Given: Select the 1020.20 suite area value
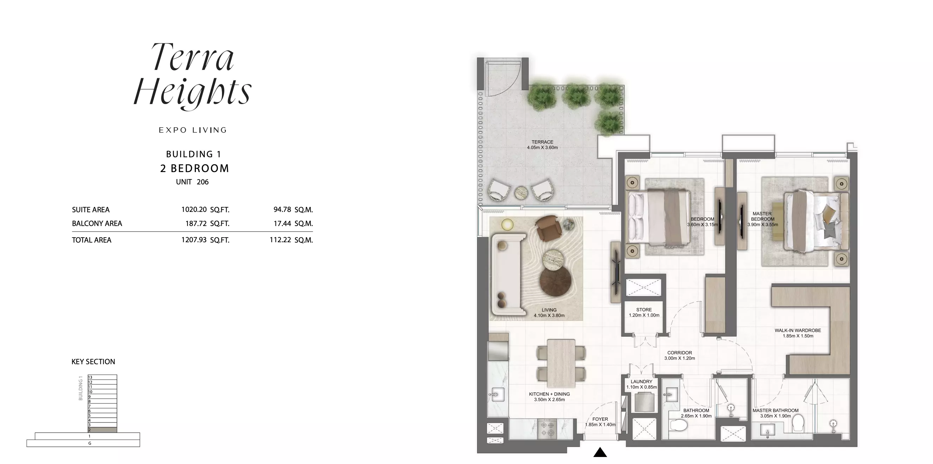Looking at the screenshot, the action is [x=194, y=209].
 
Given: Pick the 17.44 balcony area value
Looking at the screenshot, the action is [x=282, y=223].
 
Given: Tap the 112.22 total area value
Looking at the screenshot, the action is [x=280, y=240].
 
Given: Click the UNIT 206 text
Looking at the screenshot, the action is [x=192, y=182].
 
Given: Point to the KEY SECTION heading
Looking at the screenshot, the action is [x=93, y=361].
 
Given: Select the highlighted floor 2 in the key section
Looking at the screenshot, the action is [x=102, y=430].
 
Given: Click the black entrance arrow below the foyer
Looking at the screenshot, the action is [x=600, y=452].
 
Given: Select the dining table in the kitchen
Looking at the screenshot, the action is [x=561, y=363].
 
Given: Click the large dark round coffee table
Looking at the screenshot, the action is [x=556, y=282].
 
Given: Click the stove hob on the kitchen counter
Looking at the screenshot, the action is [x=547, y=429].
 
